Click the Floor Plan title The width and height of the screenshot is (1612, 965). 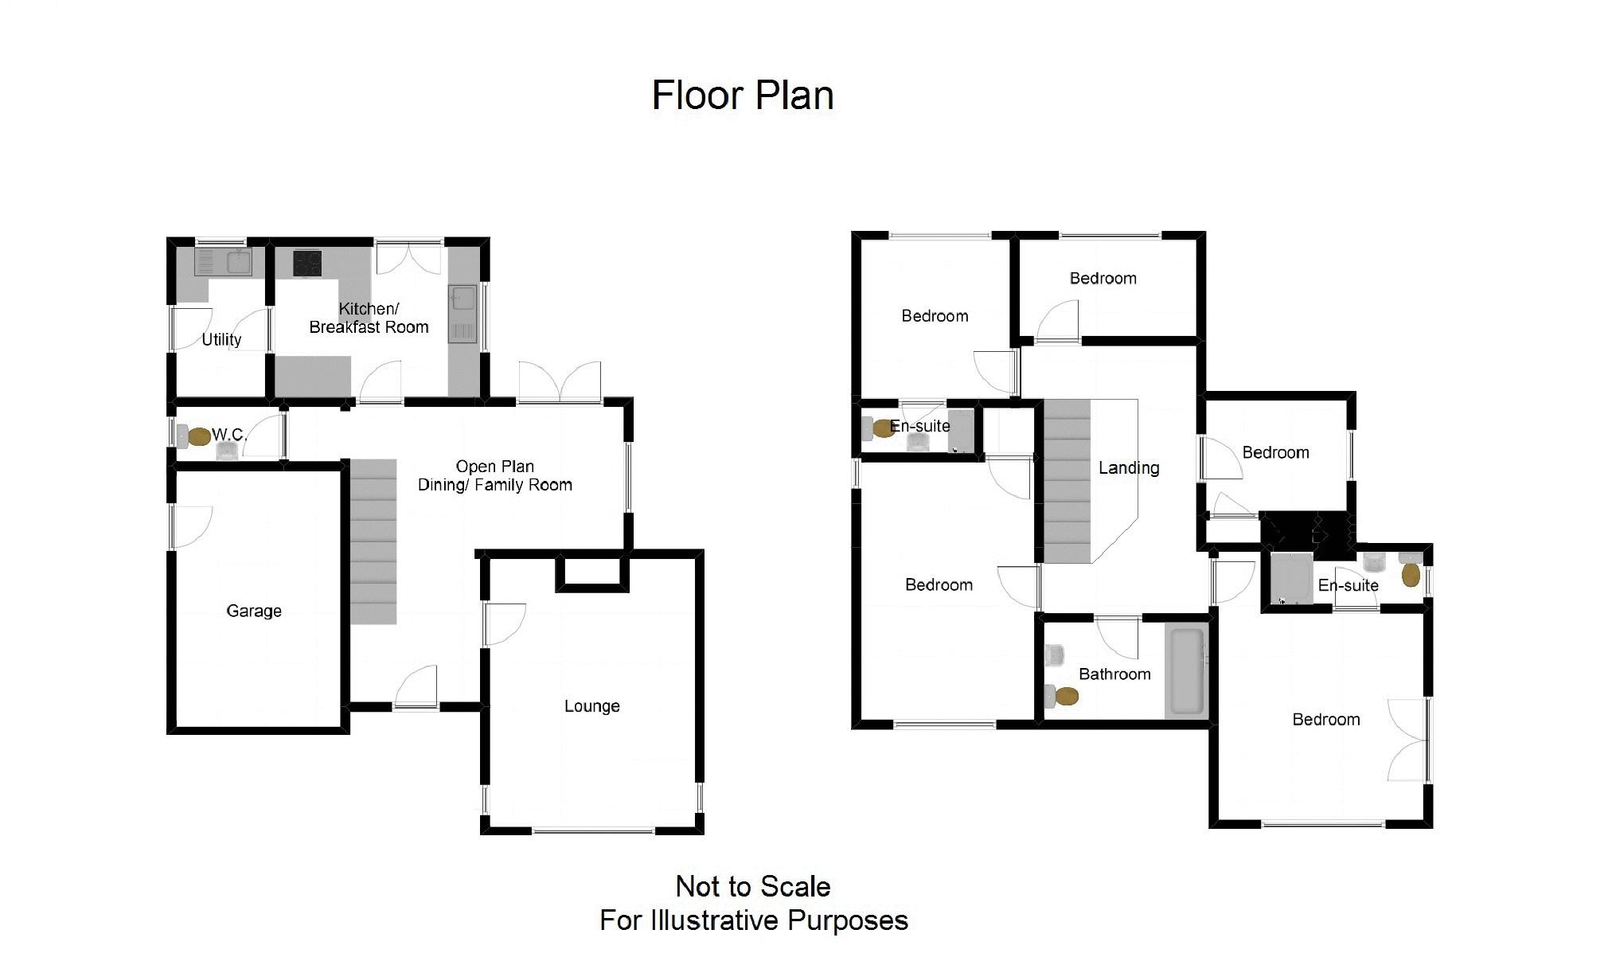point(743,96)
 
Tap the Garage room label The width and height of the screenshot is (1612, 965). point(254,611)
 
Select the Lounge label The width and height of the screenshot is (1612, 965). point(591,706)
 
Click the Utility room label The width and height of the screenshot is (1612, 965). point(221,339)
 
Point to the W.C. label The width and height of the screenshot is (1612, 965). point(229,435)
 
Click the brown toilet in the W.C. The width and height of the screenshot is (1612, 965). point(199,436)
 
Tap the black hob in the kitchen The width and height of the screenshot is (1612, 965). point(307,263)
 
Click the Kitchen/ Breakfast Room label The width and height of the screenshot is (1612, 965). point(369,318)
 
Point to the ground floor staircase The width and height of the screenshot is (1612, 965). point(373,541)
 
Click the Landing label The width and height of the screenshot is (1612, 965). point(1129,468)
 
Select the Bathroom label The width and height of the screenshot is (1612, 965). point(1114,674)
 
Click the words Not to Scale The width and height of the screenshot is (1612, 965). point(753,886)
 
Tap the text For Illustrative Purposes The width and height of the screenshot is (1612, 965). point(754,920)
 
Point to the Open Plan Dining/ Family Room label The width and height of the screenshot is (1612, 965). point(495,475)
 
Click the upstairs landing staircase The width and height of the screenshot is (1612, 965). point(1068,481)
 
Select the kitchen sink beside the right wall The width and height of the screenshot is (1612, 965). point(463,314)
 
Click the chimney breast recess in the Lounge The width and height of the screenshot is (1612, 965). point(592,572)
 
